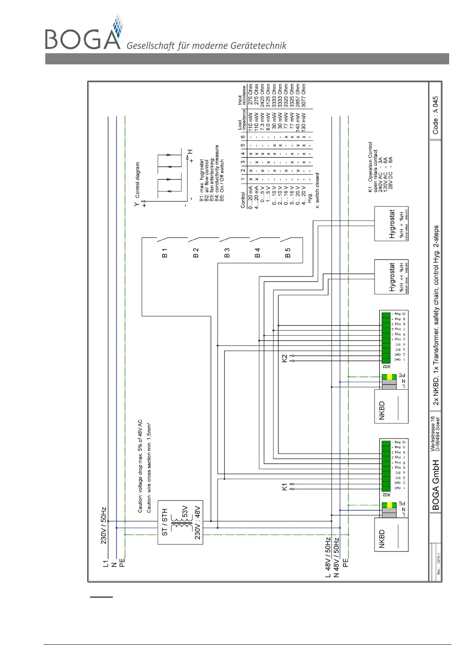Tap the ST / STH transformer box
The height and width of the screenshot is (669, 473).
[180, 522]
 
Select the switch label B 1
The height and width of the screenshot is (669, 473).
[165, 253]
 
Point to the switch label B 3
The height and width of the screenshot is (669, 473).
[227, 253]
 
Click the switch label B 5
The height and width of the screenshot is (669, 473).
[288, 253]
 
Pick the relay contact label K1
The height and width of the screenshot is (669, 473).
[284, 487]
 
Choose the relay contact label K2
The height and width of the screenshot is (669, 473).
[284, 358]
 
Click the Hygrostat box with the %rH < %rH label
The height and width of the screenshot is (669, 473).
[391, 224]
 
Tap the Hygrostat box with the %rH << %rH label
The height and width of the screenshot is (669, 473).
[391, 277]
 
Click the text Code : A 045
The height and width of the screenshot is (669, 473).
[436, 115]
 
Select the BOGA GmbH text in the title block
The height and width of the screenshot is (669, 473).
[436, 485]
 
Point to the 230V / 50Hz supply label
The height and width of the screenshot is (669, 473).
[104, 526]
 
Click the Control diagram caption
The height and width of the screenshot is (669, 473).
[137, 180]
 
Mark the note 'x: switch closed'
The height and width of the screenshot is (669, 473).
[317, 190]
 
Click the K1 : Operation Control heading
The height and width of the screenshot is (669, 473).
[371, 167]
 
